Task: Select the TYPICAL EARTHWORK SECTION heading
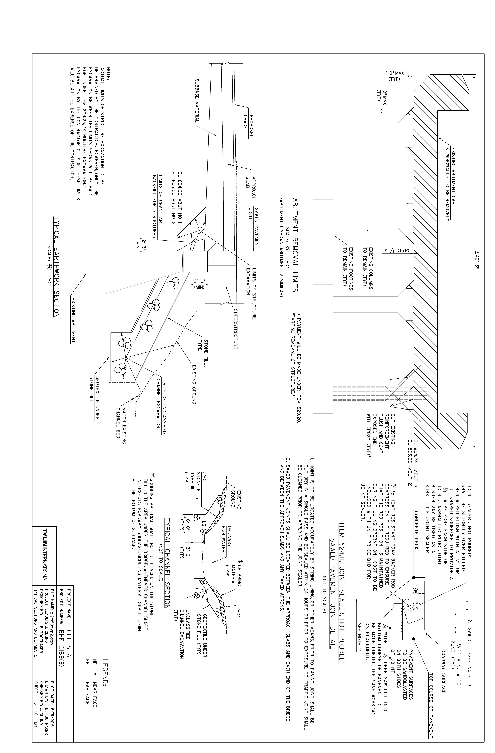[x=56, y=267]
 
